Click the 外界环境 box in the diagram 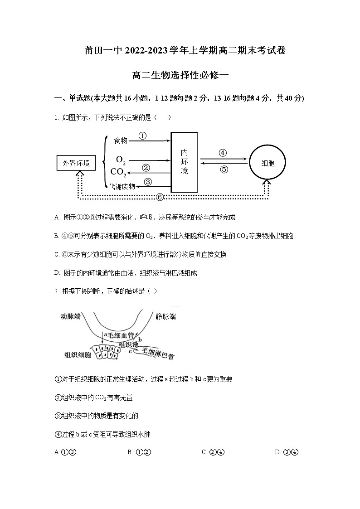(x=76, y=163)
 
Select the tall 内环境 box (x=184, y=162)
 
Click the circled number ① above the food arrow (x=142, y=136)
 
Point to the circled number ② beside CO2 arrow (x=146, y=167)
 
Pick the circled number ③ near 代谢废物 (x=147, y=182)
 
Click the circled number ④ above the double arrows (x=222, y=153)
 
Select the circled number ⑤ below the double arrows (x=224, y=170)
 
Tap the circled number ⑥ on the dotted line (x=160, y=197)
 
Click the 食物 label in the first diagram (x=121, y=141)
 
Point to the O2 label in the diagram (x=121, y=160)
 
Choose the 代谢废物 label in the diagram (x=122, y=186)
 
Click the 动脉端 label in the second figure (x=70, y=316)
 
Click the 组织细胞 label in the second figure (x=78, y=354)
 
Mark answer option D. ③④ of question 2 (x=286, y=452)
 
